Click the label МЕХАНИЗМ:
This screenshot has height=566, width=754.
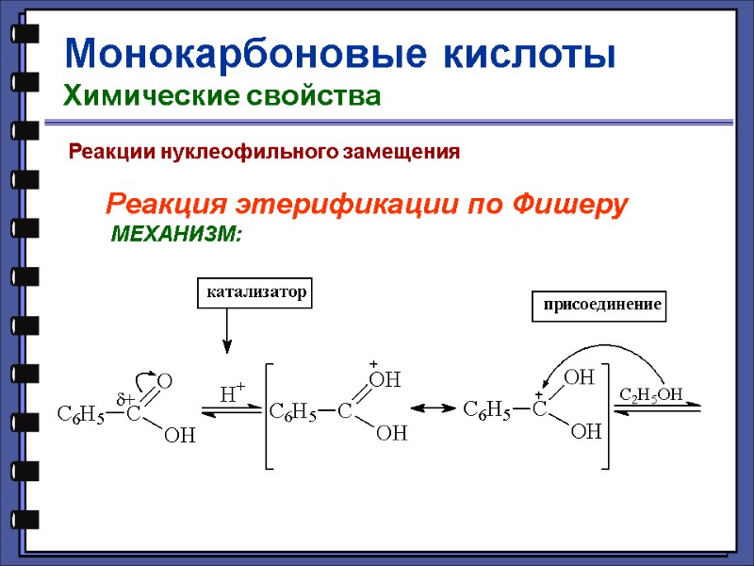176,233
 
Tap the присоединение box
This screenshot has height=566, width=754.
598,306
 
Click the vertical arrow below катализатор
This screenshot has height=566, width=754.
227,331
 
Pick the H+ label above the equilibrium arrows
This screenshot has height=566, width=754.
232,392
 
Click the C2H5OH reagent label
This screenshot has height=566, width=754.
649,392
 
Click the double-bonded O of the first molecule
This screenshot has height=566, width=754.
164,381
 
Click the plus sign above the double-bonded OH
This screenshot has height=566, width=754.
372,363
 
